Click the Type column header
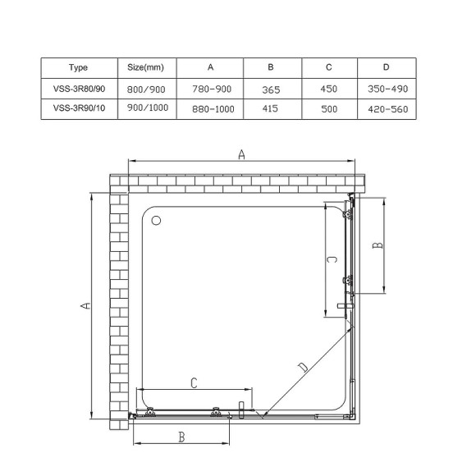pyautogui.click(x=79, y=67)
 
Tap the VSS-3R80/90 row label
pyautogui.click(x=79, y=89)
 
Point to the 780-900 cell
pyautogui.click(x=210, y=89)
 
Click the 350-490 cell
pyautogui.click(x=387, y=89)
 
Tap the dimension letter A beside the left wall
pyautogui.click(x=85, y=306)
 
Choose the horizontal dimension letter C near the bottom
pyautogui.click(x=194, y=382)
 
